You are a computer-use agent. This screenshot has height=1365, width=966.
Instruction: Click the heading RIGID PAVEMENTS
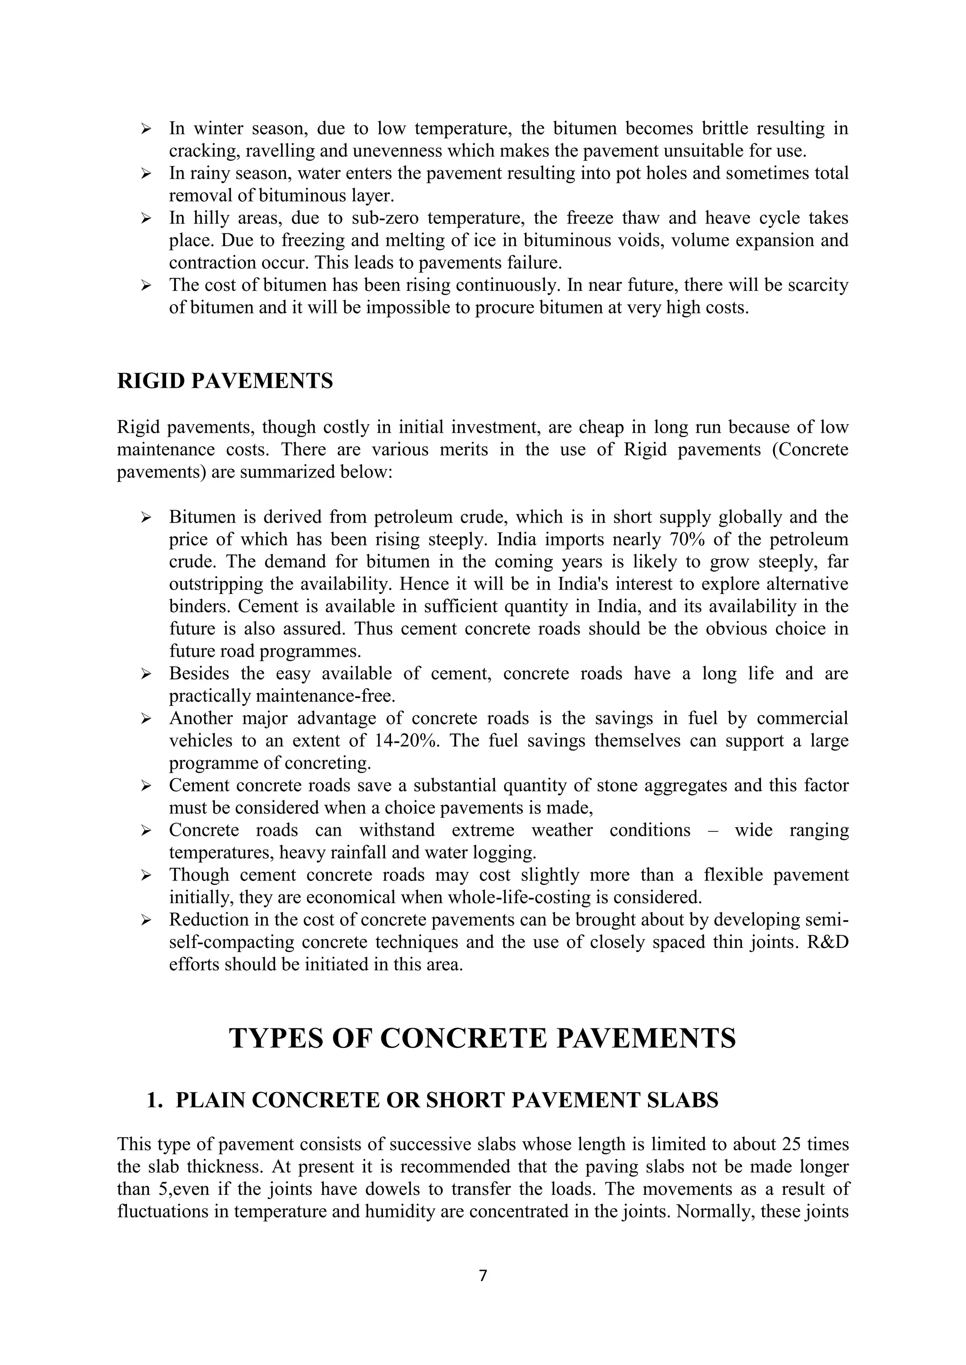225,381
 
